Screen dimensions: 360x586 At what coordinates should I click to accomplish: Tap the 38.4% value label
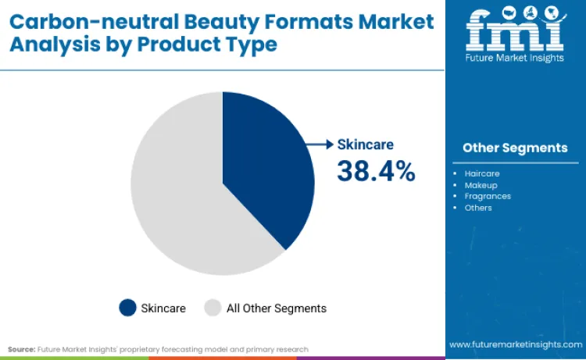(x=376, y=171)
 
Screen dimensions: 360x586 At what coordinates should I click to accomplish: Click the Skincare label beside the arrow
(x=366, y=144)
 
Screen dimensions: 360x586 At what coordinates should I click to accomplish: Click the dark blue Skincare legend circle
(x=127, y=308)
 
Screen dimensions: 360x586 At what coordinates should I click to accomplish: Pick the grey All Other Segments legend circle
(x=213, y=308)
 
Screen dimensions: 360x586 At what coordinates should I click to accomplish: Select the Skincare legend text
(x=163, y=308)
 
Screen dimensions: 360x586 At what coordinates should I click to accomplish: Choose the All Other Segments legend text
(x=276, y=308)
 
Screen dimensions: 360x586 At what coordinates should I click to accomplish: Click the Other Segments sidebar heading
(x=515, y=148)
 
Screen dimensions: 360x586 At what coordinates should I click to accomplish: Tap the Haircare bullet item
(x=481, y=173)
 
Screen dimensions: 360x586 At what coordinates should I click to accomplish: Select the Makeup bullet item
(x=481, y=185)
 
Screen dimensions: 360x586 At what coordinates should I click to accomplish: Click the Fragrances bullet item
(x=487, y=196)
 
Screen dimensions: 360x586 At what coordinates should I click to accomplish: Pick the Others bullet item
(x=478, y=208)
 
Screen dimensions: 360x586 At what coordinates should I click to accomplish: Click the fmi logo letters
(x=515, y=28)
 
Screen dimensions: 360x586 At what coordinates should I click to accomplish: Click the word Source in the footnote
(x=21, y=349)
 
